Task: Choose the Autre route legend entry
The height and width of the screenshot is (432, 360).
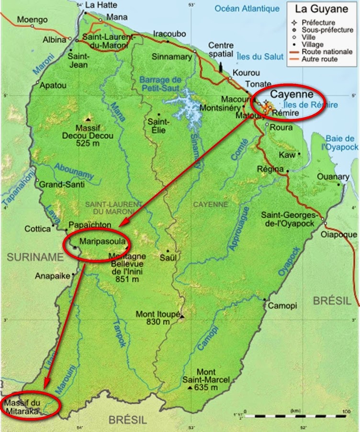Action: pyautogui.click(x=319, y=59)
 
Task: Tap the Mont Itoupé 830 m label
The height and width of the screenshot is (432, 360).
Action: pyautogui.click(x=157, y=318)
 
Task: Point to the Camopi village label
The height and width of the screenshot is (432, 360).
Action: pyautogui.click(x=282, y=306)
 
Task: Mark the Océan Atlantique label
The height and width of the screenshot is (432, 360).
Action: pyautogui.click(x=247, y=9)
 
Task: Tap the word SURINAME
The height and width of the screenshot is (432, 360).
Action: pyautogui.click(x=35, y=257)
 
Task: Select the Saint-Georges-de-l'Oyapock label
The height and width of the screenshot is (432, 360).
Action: pyautogui.click(x=287, y=219)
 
